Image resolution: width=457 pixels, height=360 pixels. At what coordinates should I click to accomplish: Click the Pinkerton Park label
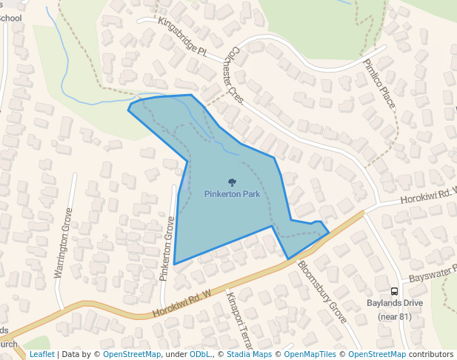pyautogui.click(x=232, y=193)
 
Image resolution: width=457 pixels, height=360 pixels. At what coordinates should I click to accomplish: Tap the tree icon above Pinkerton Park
pyautogui.click(x=232, y=181)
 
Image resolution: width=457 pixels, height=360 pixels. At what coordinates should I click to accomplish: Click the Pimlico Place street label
pyautogui.click(x=379, y=84)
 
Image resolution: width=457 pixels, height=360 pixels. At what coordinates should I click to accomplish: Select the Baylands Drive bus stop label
pyautogui.click(x=394, y=304)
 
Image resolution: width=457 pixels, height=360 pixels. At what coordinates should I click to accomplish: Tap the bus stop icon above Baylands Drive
pyautogui.click(x=394, y=291)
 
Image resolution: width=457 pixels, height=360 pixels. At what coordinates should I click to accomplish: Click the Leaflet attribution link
pyautogui.click(x=41, y=354)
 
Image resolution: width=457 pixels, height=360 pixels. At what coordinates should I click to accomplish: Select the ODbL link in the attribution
pyautogui.click(x=201, y=354)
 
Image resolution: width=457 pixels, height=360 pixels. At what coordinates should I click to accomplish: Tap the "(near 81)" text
pyautogui.click(x=394, y=316)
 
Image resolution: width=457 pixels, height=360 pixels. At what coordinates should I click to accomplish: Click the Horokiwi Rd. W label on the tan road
pyautogui.click(x=182, y=304)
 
